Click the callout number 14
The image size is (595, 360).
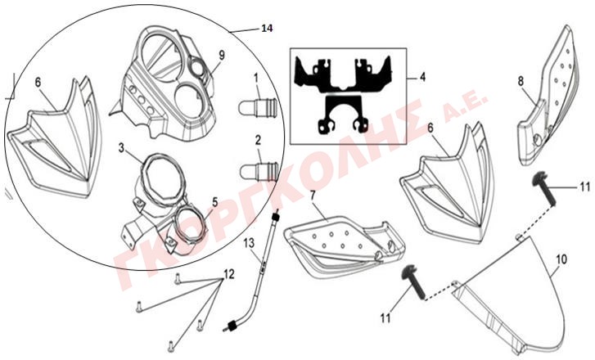tap(267, 28)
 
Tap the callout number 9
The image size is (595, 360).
tap(222, 55)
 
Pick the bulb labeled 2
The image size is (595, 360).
tap(259, 171)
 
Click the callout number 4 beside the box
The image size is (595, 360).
tap(422, 78)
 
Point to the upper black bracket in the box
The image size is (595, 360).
tap(344, 74)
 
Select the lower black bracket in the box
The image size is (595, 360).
tap(343, 115)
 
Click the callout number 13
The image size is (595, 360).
tap(249, 243)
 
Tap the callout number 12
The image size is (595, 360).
tap(229, 273)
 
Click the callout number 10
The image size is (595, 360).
tap(561, 259)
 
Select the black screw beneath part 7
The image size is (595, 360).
tap(414, 282)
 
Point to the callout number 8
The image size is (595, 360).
tap(521, 81)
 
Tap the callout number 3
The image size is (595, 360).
tap(121, 148)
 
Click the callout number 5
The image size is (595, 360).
tap(215, 202)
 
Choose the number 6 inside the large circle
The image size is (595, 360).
tap(38, 83)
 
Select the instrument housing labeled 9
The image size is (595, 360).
tap(162, 84)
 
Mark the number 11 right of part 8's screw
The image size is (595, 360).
tap(584, 187)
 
